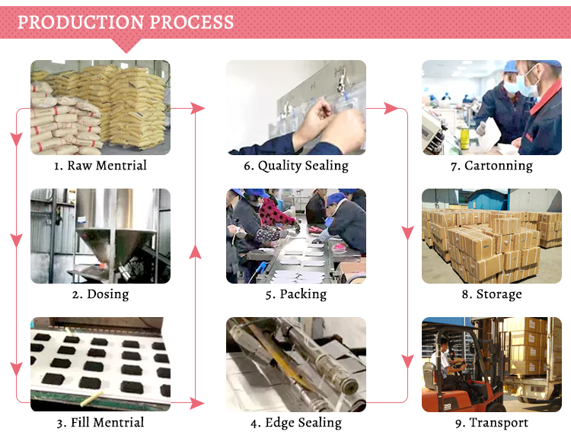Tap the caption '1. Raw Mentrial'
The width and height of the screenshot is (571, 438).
coord(100,165)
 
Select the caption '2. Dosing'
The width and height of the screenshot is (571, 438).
coord(100,294)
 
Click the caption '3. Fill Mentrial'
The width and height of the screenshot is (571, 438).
coord(100,422)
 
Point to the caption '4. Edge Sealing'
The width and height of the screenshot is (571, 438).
coord(296,422)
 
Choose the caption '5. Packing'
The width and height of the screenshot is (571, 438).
coord(296,294)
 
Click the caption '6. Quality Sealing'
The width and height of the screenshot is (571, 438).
coord(296,165)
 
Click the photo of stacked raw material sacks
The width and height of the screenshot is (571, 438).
coord(100,107)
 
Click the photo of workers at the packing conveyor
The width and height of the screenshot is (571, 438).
coord(296,236)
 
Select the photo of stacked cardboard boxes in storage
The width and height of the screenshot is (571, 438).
coord(491,236)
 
